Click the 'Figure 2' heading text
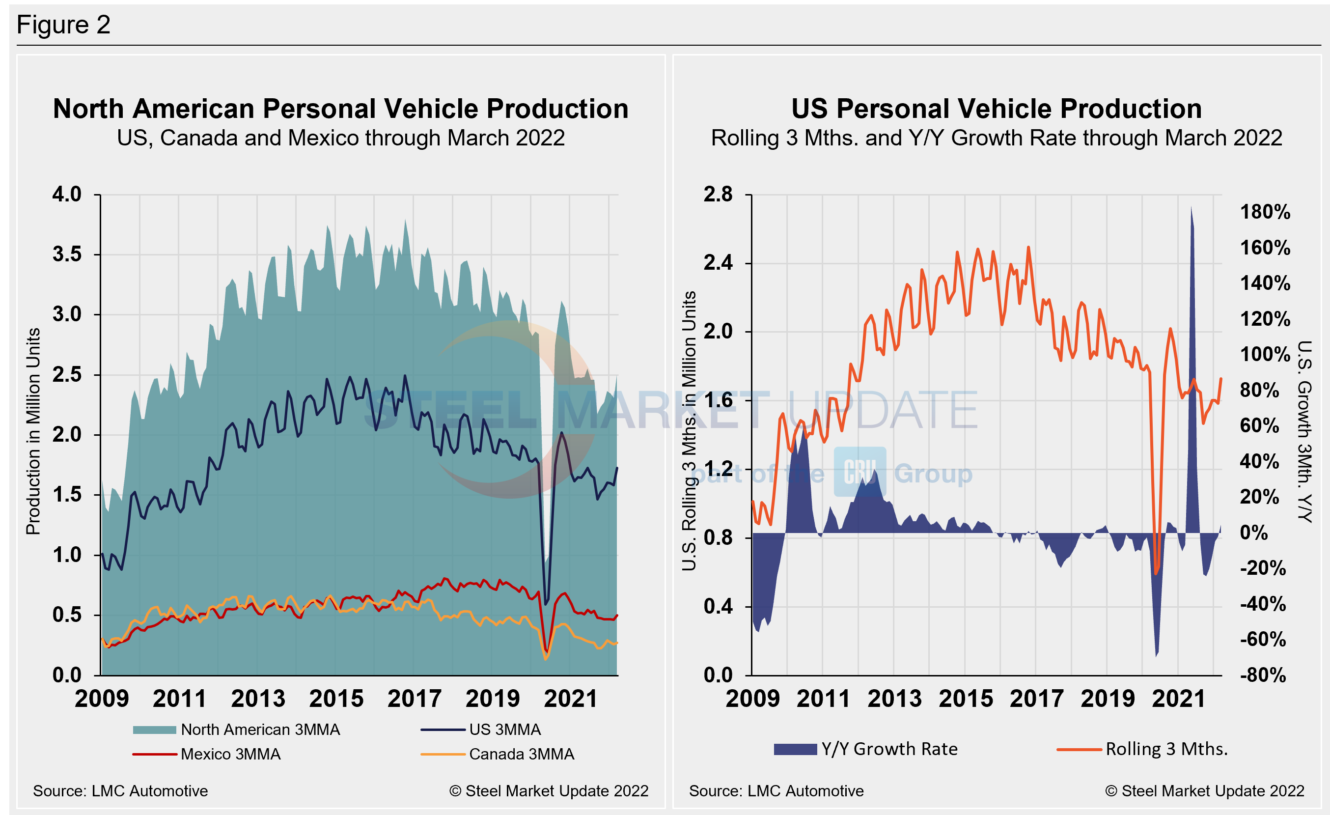tap(64, 25)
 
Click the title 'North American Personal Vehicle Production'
tap(340, 109)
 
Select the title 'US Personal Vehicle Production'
tap(997, 109)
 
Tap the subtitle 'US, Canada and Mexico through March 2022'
tap(340, 138)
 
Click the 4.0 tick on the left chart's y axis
tap(67, 195)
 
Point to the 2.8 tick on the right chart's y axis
tap(718, 195)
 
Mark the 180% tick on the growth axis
tap(1265, 212)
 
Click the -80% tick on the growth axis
tap(1263, 675)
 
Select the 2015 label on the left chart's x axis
tap(336, 699)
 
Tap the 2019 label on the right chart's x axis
tap(1108, 699)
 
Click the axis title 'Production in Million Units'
tap(33, 431)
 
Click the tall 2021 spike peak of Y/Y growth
tap(1191, 208)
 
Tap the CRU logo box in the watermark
tap(860, 471)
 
